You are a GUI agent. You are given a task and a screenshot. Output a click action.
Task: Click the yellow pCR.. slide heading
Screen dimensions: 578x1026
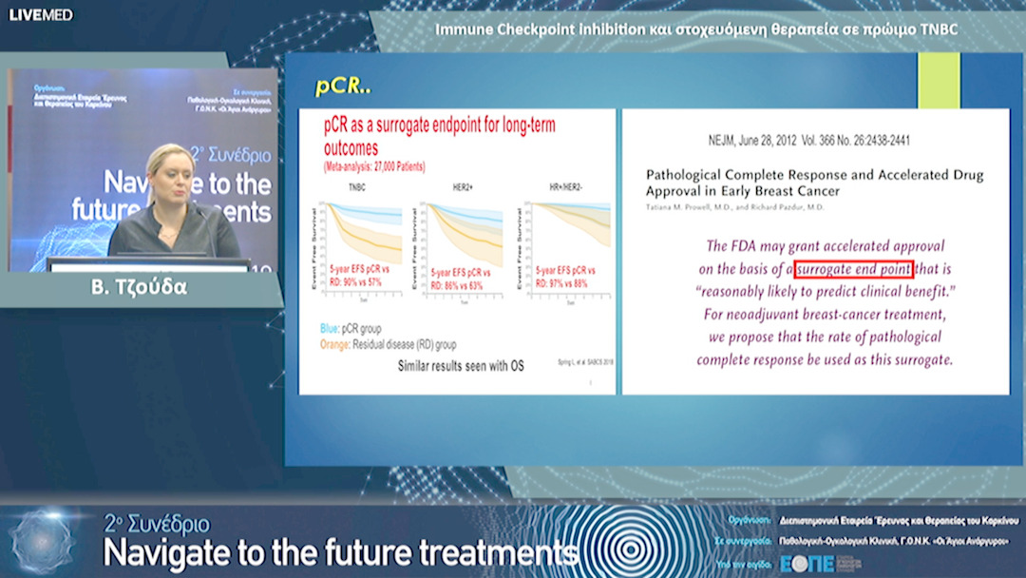pyautogui.click(x=342, y=87)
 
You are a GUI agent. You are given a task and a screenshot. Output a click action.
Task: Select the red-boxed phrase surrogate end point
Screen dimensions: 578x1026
pyautogui.click(x=854, y=269)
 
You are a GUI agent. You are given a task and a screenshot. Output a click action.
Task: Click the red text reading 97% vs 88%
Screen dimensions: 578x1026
pyautogui.click(x=561, y=282)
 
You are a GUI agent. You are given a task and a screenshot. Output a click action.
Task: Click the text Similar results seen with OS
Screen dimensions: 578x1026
pyautogui.click(x=460, y=365)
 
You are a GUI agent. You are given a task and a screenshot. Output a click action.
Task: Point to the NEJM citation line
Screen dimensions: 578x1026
pyautogui.click(x=814, y=139)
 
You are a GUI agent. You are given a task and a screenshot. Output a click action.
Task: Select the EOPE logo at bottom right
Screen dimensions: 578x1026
pyautogui.click(x=807, y=563)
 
